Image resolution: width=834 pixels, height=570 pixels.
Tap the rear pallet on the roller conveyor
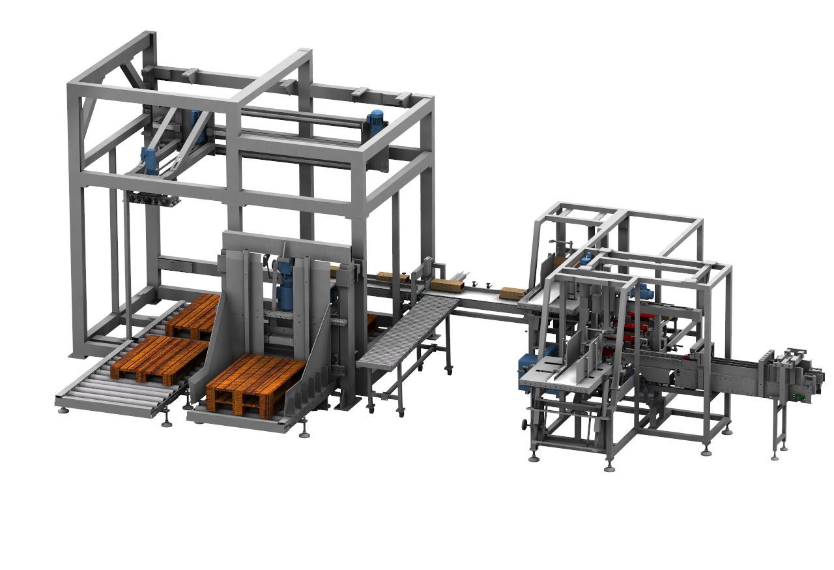192,315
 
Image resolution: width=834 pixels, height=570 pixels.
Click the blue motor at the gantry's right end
375,122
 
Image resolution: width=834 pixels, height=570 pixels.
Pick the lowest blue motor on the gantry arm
149,160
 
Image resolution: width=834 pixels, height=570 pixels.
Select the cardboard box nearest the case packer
512,293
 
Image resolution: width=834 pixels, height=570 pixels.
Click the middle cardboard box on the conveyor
448,286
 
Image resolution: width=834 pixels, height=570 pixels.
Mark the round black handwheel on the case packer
526,425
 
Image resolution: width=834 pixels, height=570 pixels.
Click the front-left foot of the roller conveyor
63,410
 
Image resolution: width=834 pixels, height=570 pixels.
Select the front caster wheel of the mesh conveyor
371,408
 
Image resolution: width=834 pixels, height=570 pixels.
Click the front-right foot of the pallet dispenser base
304,432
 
